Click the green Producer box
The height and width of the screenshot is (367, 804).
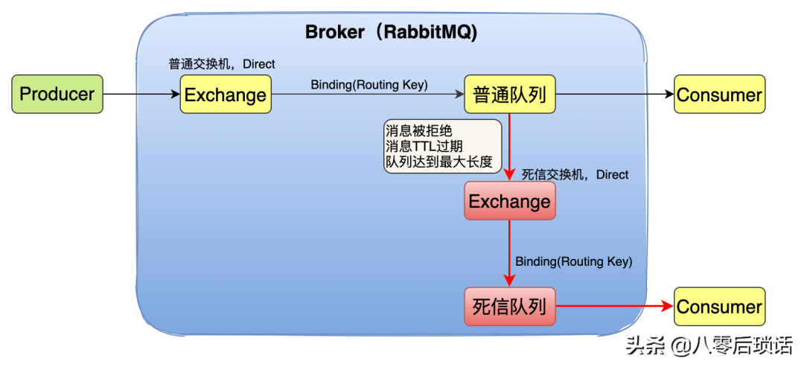(x=57, y=95)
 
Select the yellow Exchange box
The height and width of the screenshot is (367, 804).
(x=226, y=95)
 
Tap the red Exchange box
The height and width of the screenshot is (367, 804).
(x=510, y=201)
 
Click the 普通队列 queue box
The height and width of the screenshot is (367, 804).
(x=510, y=95)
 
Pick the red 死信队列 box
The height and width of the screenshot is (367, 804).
(x=510, y=306)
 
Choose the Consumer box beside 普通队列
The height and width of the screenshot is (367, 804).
(x=719, y=95)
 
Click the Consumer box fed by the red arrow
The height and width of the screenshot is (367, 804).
(x=719, y=306)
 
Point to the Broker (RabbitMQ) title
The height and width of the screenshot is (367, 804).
(x=392, y=33)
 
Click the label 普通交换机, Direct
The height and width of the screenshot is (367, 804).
(x=222, y=64)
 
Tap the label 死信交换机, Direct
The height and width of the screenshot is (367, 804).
(x=575, y=175)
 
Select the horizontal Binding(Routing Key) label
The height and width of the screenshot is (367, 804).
(x=369, y=85)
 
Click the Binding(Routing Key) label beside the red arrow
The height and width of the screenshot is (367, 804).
(x=573, y=262)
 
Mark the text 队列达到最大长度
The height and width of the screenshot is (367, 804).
(x=439, y=161)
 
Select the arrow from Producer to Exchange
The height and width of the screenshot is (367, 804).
(x=141, y=95)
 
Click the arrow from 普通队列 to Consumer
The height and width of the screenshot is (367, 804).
(x=614, y=95)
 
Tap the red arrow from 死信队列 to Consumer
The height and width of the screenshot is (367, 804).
(x=614, y=306)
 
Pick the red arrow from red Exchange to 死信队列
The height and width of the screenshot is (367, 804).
(x=510, y=253)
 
